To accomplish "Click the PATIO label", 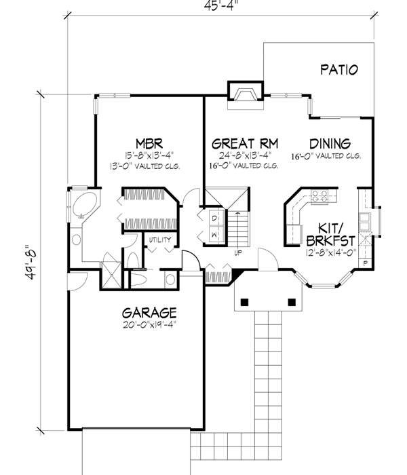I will coord(339,69).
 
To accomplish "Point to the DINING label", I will coord(330,144).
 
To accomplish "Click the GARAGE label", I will coord(149,313).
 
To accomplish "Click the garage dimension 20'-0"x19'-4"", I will coord(149,325).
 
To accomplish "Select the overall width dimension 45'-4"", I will coord(219,8).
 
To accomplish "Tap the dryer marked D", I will coord(214,218).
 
